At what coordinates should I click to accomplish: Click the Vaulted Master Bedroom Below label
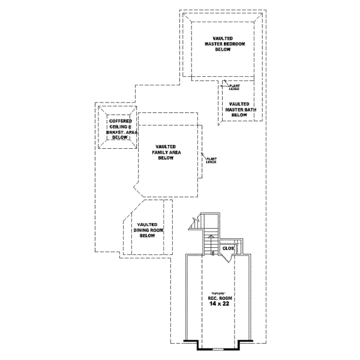point(223,43)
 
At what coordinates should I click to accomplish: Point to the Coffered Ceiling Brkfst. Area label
point(120,129)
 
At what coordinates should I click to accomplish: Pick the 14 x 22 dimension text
point(218,304)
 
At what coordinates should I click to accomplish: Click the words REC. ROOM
point(218,298)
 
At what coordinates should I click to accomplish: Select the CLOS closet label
point(228,248)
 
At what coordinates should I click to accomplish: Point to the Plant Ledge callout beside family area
point(211,160)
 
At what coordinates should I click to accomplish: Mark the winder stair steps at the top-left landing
point(196,223)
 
